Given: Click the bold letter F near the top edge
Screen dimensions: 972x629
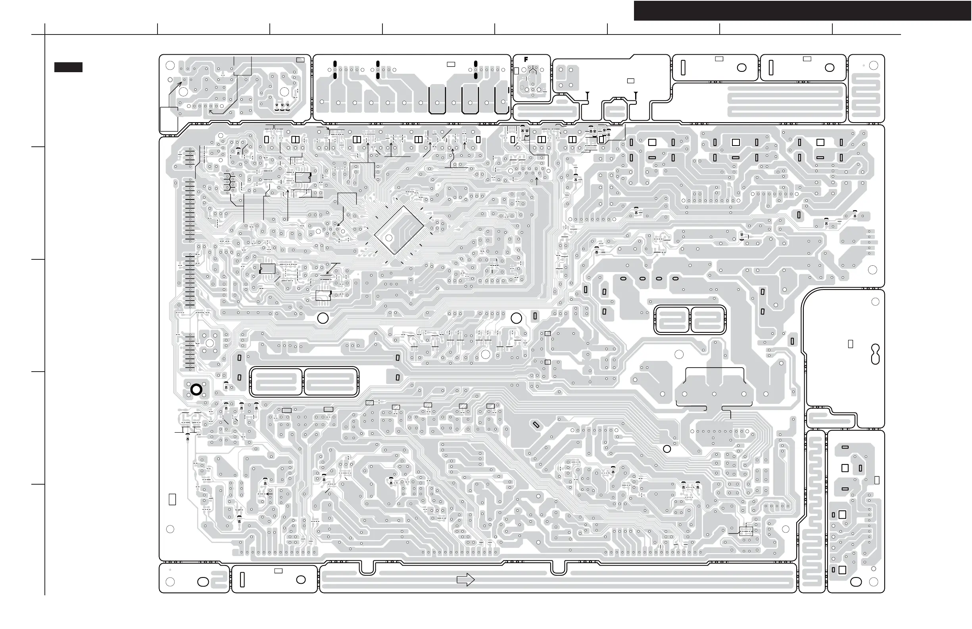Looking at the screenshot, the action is coord(526,59).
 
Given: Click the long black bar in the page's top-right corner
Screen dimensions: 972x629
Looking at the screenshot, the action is coord(802,11).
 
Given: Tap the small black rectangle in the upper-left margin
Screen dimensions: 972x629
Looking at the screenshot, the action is coord(68,67).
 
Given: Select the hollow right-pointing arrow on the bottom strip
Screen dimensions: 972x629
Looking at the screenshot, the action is coord(465,579).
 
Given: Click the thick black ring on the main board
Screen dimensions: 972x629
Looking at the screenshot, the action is coord(196,390).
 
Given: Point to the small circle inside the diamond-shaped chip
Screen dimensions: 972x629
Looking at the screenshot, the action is coord(389,238).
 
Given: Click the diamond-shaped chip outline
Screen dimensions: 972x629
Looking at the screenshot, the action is coord(399,230).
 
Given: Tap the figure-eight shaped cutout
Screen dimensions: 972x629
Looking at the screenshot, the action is coord(875,354).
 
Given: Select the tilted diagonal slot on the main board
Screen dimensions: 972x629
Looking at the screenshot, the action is coord(536,425).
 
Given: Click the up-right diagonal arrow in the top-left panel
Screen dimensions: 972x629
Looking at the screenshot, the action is coord(177,87).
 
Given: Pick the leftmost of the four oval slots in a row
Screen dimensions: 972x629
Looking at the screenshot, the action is coord(623,279).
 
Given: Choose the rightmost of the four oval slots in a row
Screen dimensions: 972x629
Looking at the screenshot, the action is coord(676,279).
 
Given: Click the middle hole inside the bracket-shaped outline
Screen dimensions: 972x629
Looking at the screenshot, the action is coord(714,394).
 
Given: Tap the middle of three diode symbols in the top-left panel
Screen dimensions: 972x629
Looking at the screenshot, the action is coord(282,105).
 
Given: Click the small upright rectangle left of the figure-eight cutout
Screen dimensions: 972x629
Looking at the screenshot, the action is coord(851,344).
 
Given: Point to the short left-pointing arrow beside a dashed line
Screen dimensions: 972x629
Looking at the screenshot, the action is coord(269,494).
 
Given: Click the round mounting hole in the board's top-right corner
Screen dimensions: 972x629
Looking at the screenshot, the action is coord(874,65).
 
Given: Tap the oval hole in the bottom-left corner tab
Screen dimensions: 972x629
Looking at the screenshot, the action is coord(203,582).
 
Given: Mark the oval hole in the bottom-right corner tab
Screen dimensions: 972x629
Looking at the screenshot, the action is coord(856,582).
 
